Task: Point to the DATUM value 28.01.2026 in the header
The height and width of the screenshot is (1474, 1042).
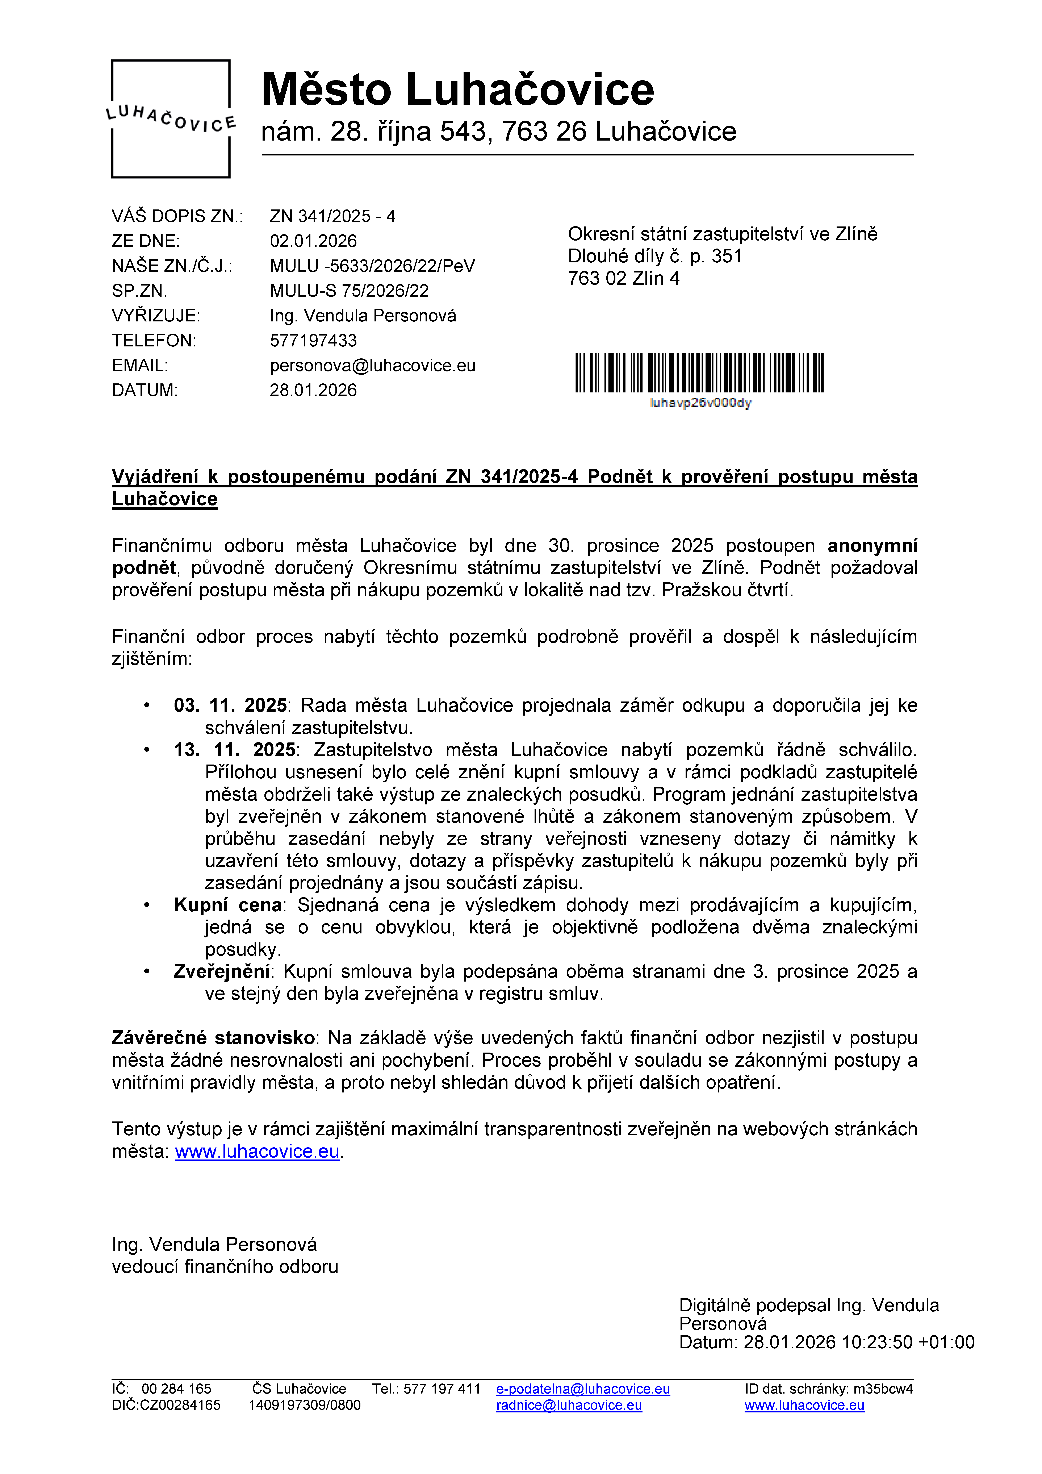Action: pyautogui.click(x=313, y=390)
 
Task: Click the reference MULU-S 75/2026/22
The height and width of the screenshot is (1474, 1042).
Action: pyautogui.click(x=349, y=291)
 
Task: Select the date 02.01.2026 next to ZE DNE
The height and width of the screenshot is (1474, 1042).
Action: pyautogui.click(x=313, y=241)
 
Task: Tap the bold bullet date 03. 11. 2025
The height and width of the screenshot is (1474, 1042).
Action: pyautogui.click(x=230, y=705)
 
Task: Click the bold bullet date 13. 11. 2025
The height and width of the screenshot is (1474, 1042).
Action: pyautogui.click(x=234, y=750)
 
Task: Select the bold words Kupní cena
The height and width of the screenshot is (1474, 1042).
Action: pyautogui.click(x=228, y=905)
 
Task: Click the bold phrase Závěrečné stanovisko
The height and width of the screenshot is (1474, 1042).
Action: pyautogui.click(x=213, y=1038)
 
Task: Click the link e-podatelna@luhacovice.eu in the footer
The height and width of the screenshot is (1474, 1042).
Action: pyautogui.click(x=583, y=1389)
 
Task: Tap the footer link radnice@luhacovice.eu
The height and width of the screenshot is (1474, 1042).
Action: pyautogui.click(x=569, y=1405)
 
